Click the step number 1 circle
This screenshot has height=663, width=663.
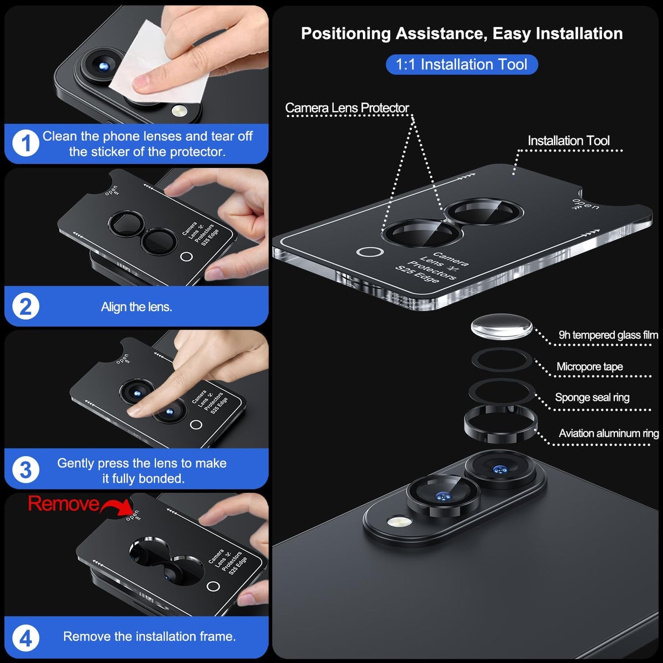26,143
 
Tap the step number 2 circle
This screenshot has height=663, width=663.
26,306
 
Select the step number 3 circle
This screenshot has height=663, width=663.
26,470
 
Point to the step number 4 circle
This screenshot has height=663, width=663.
26,638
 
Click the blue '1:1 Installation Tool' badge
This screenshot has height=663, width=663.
461,64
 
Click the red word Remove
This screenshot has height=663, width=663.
63,504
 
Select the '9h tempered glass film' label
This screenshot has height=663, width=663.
608,335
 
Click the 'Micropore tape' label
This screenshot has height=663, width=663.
590,367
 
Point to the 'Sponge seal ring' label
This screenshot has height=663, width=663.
592,397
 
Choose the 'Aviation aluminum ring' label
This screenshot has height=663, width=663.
608,433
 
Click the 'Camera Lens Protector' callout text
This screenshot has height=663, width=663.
347,108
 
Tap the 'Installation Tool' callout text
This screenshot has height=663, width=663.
568,140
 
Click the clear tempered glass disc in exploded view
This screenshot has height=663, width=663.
501,327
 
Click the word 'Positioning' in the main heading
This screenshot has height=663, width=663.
345,33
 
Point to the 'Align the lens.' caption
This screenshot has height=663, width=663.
136,306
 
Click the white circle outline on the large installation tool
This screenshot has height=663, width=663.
370,252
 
